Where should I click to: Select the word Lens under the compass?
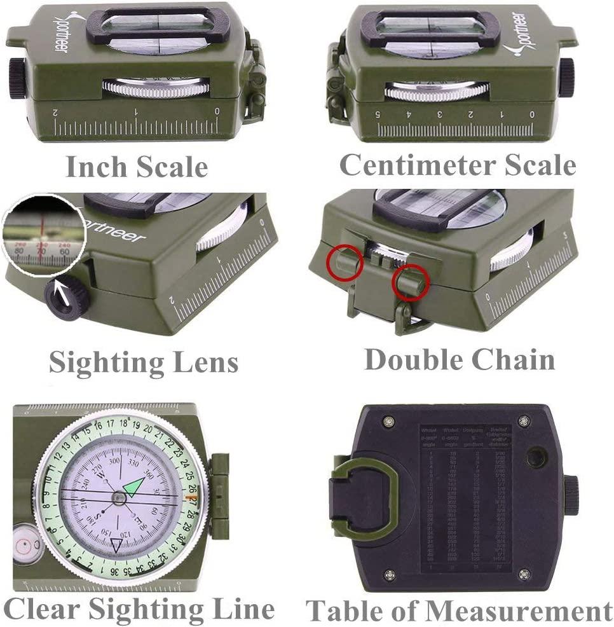coord(203,362)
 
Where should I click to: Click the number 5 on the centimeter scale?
coord(378,114)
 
